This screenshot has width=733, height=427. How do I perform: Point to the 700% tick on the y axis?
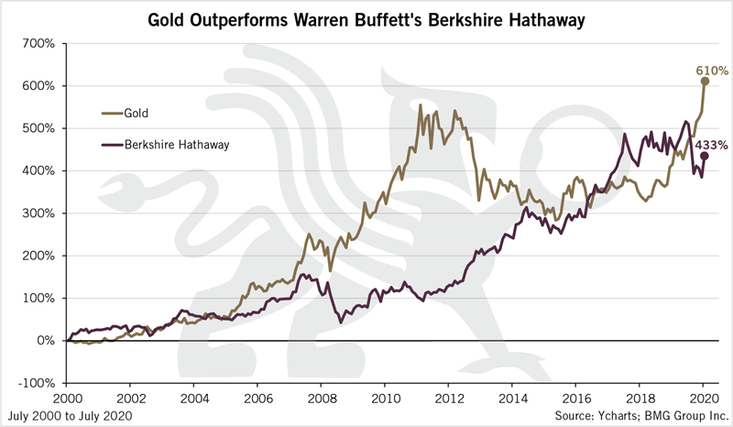[x=39, y=43]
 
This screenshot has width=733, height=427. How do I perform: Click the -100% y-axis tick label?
[x=37, y=383]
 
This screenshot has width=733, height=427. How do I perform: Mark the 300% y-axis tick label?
[x=39, y=213]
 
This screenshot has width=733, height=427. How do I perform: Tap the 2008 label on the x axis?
[x=320, y=400]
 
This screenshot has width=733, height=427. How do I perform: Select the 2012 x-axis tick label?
[x=447, y=400]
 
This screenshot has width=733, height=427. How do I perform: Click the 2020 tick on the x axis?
[x=701, y=400]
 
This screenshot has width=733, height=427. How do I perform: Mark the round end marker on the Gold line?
[x=704, y=81]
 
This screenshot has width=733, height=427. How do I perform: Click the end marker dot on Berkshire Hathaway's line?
[x=704, y=157]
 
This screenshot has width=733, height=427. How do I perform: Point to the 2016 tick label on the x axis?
[x=574, y=400]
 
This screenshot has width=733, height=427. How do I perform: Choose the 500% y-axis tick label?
[x=39, y=128]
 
